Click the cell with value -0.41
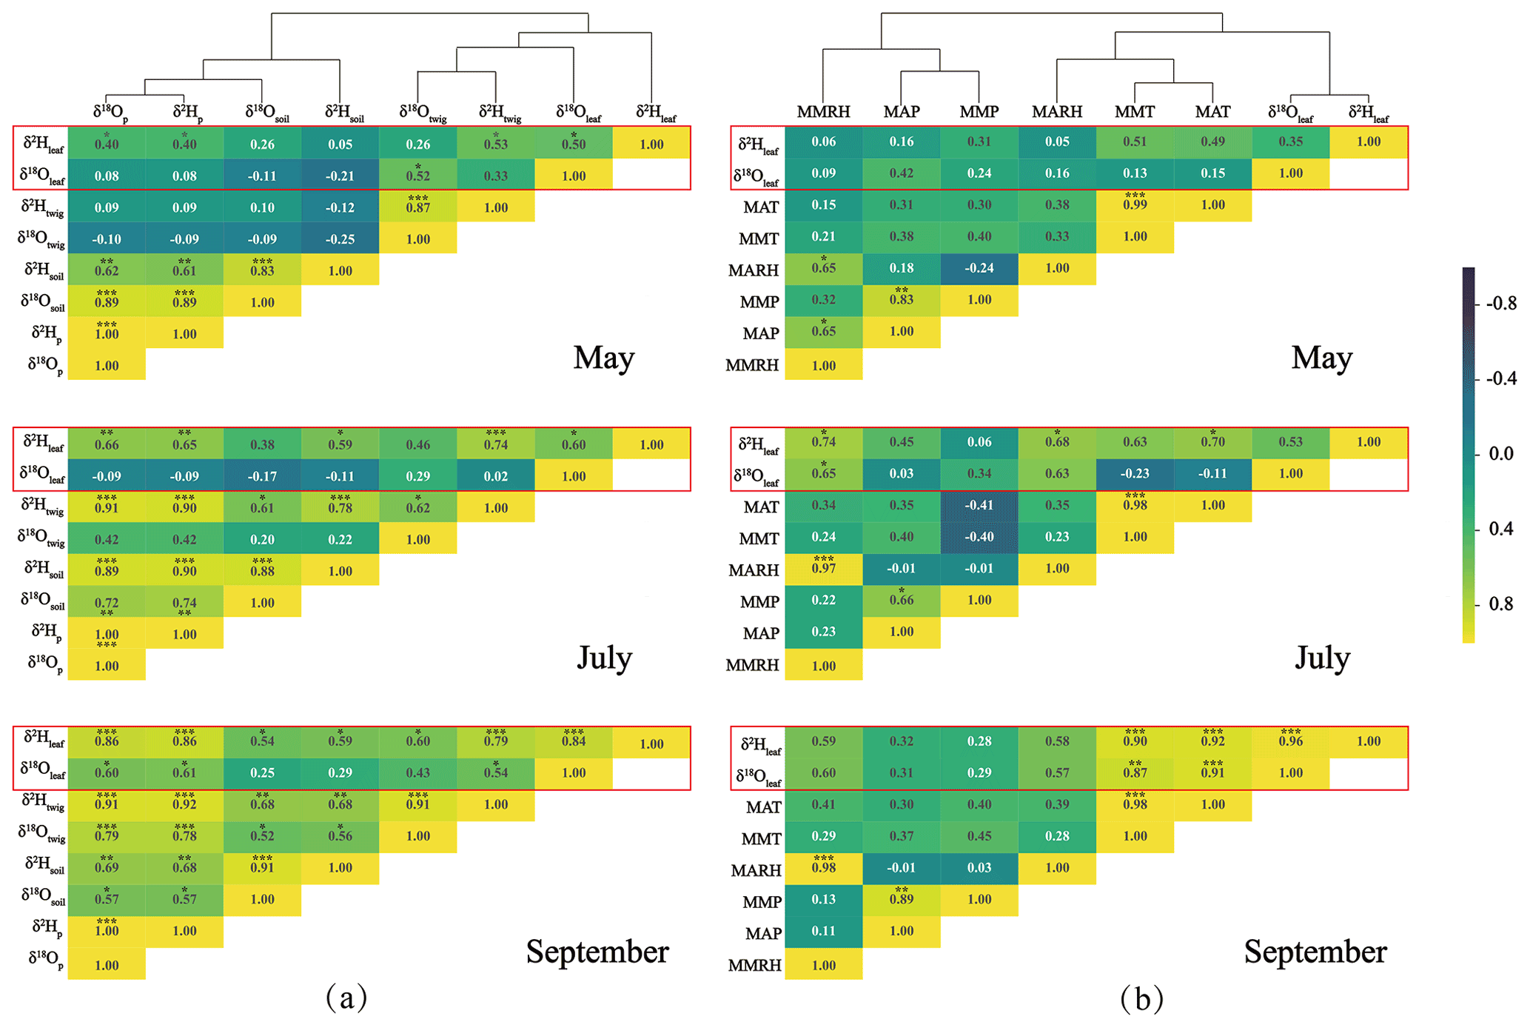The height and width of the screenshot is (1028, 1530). (x=979, y=506)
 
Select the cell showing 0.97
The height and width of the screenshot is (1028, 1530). (x=823, y=569)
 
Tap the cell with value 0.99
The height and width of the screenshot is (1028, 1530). (x=1134, y=205)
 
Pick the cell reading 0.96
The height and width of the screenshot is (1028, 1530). (x=1290, y=741)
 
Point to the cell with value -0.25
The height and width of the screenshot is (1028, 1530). (x=340, y=239)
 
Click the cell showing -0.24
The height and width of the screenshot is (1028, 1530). (x=979, y=268)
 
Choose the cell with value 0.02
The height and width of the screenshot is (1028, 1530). (x=495, y=476)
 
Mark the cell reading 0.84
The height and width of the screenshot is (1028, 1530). (x=573, y=741)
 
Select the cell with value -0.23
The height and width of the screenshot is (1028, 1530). (x=1134, y=474)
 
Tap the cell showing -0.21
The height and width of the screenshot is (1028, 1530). (x=340, y=176)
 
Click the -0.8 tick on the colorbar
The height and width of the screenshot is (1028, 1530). (x=1501, y=304)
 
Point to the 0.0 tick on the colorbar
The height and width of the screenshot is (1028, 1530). (x=1501, y=453)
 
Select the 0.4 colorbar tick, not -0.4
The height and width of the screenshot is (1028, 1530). (x=1501, y=529)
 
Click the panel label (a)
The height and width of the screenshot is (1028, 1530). (x=346, y=998)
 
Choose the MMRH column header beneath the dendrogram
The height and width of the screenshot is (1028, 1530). (x=823, y=112)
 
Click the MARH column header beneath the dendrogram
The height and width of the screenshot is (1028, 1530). (x=1056, y=112)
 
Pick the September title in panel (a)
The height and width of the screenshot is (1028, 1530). (x=597, y=952)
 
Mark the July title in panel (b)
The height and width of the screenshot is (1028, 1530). (x=1322, y=658)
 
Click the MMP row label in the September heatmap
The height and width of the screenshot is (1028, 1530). (x=762, y=902)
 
